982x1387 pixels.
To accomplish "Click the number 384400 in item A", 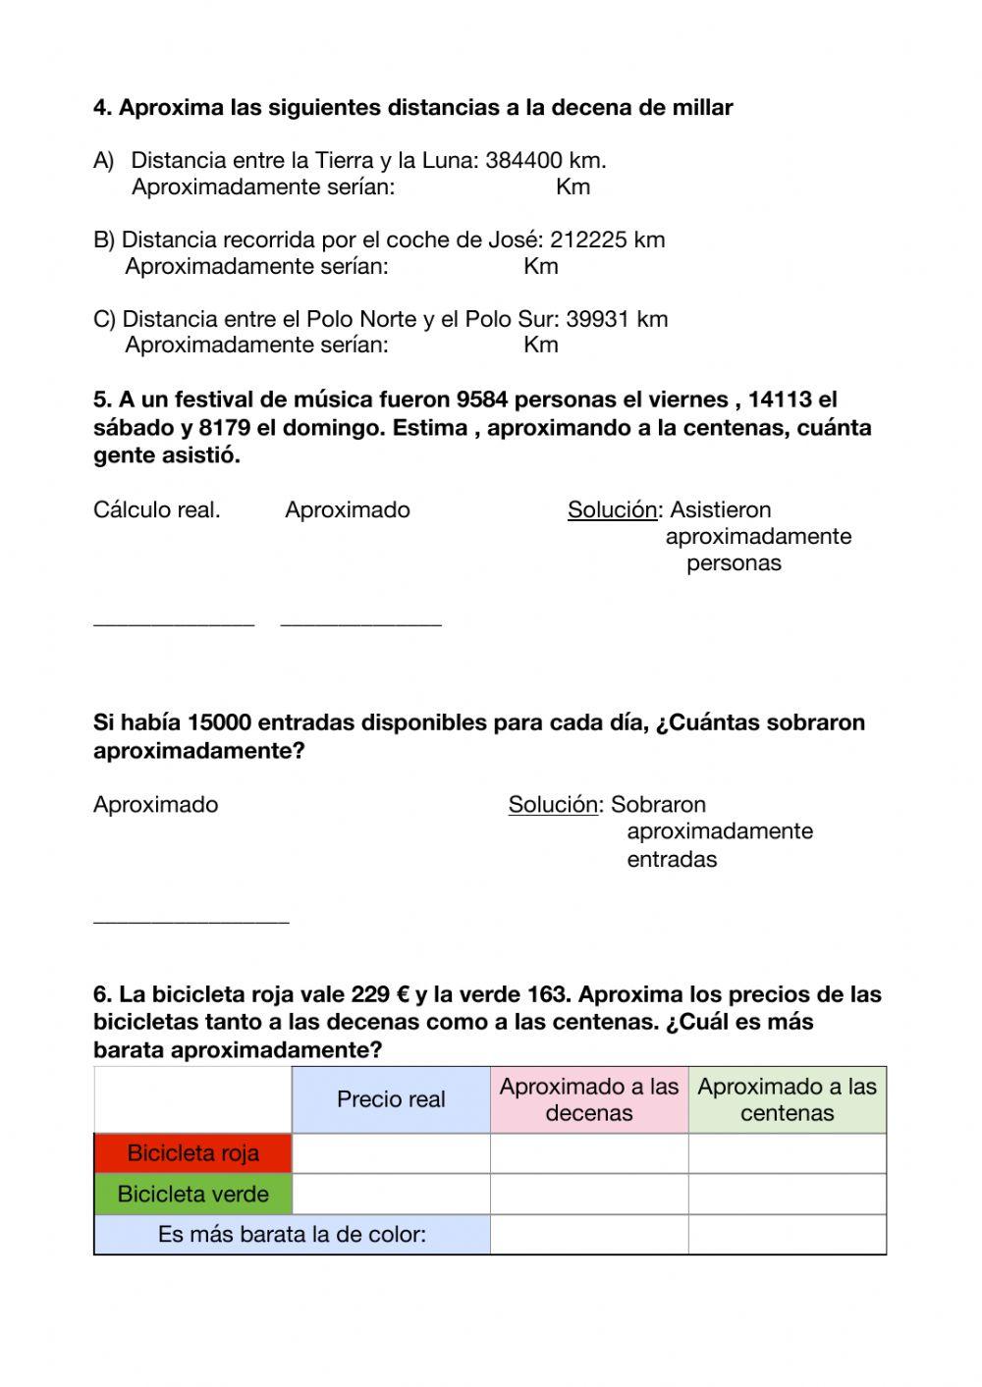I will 523,161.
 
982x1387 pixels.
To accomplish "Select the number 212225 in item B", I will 588,240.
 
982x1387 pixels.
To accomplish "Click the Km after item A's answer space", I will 573,187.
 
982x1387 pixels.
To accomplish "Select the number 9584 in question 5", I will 482,400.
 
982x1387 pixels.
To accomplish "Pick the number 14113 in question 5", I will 780,400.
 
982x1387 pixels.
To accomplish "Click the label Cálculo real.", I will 156,510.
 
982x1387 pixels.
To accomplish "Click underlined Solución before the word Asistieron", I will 612,510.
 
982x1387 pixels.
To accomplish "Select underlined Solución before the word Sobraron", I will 553,805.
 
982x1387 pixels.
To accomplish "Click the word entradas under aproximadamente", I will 672,860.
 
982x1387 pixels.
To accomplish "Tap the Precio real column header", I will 391,1100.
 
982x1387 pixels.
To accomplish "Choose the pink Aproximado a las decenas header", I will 589,1100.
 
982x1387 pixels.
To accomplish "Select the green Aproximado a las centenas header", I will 787,1100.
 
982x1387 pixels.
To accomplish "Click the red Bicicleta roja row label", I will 192,1153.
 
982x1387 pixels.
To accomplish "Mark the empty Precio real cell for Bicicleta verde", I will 391,1195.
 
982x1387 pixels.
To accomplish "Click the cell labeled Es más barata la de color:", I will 292,1235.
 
